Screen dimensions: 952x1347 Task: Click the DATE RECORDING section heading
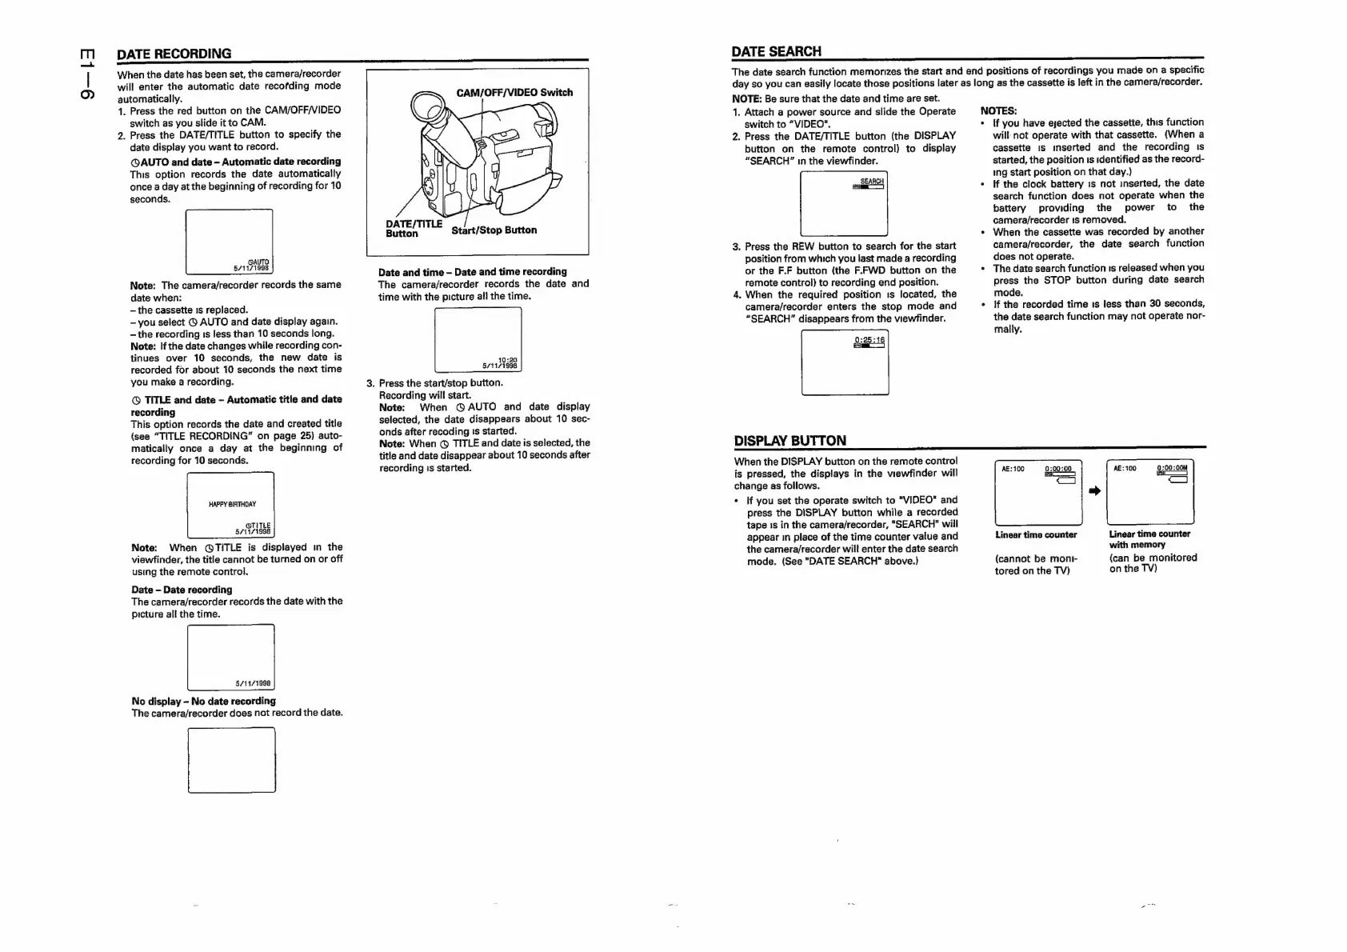pyautogui.click(x=174, y=54)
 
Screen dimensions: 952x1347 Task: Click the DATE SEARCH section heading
pyautogui.click(x=776, y=51)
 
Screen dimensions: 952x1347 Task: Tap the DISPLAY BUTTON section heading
pyautogui.click(x=789, y=440)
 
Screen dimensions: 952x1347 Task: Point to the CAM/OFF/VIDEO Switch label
pyautogui.click(x=514, y=92)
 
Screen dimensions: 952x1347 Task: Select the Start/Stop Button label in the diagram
pyautogui.click(x=494, y=230)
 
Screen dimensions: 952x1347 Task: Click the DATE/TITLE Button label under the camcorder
pyautogui.click(x=413, y=228)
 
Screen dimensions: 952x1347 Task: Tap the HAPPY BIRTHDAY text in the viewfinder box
pyautogui.click(x=232, y=504)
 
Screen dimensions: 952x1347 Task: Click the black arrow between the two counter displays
pyautogui.click(x=1094, y=490)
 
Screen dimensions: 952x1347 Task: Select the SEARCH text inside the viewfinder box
pyautogui.click(x=871, y=181)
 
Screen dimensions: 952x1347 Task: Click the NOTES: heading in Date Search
pyautogui.click(x=998, y=110)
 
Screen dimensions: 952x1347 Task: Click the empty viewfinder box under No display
pyautogui.click(x=231, y=759)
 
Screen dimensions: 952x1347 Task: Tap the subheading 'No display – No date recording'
pyautogui.click(x=203, y=701)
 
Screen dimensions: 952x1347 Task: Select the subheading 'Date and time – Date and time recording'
pyautogui.click(x=472, y=272)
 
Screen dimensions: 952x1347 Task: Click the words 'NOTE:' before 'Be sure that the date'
pyautogui.click(x=747, y=98)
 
